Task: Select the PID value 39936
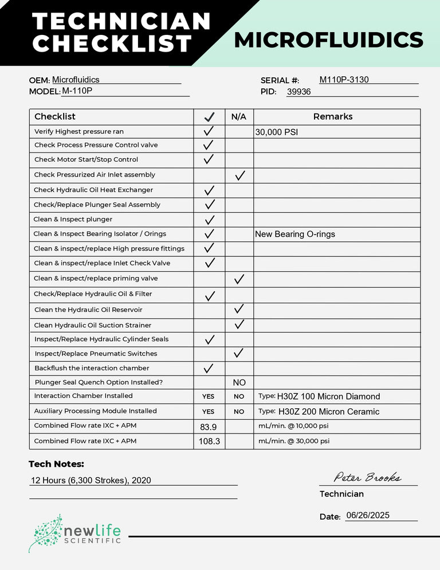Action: [298, 92]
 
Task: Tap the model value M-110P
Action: [77, 91]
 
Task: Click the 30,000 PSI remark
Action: [277, 132]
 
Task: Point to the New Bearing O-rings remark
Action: [295, 234]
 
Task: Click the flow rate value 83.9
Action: [209, 427]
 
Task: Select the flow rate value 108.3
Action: [209, 442]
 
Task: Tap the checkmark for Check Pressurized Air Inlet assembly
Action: [239, 175]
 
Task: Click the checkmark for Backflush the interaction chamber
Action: [209, 368]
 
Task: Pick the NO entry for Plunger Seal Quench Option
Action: [239, 382]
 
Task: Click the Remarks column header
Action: [333, 116]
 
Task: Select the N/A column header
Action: [239, 117]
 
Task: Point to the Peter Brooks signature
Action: [367, 477]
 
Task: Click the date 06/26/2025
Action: [368, 516]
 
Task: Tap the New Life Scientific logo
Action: [74, 533]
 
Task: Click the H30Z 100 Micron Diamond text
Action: [328, 397]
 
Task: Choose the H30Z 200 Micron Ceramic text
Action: [328, 412]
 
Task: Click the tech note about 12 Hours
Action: [91, 481]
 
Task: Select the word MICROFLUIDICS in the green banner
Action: [328, 40]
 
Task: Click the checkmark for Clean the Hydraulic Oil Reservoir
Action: [239, 309]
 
